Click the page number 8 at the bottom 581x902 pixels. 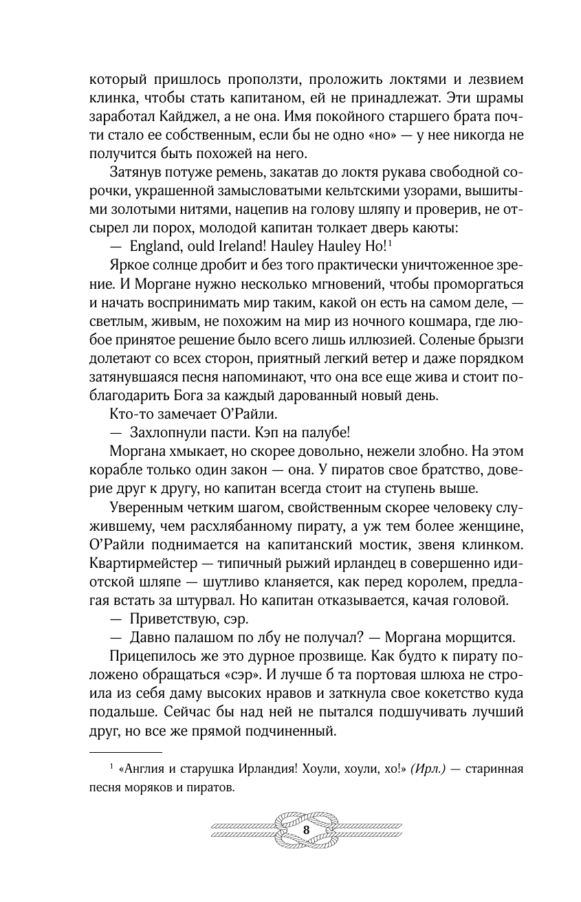tap(306, 829)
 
